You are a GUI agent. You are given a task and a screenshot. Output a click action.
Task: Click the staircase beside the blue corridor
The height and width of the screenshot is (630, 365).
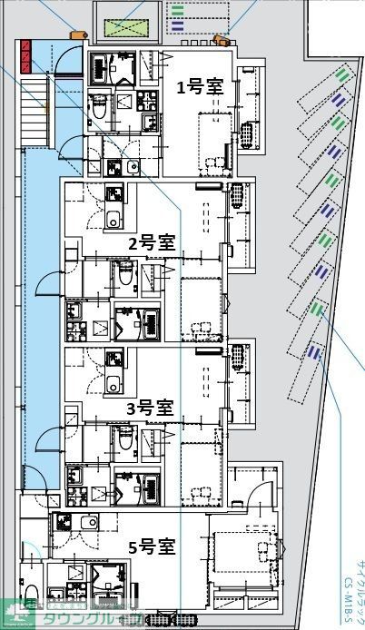tap(34, 109)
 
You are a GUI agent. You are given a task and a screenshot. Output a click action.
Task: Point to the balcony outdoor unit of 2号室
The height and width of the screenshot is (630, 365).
tap(238, 195)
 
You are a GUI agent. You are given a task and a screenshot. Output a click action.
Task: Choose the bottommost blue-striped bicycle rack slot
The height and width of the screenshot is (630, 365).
tap(313, 350)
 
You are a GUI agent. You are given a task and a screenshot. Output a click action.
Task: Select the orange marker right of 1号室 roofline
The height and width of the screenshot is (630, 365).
tap(220, 40)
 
